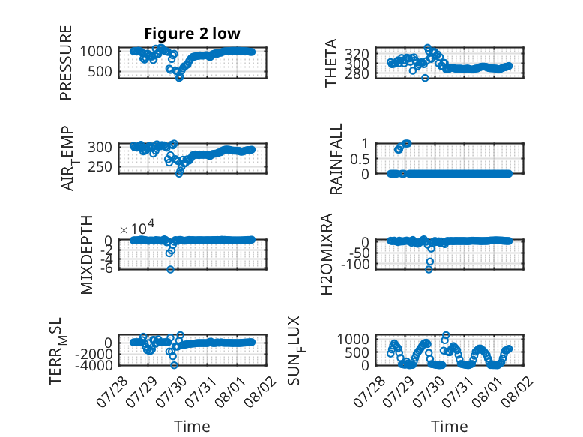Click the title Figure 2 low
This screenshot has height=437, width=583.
click(193, 34)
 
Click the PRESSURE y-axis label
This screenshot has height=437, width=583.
click(65, 63)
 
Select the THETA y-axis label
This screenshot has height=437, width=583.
click(331, 63)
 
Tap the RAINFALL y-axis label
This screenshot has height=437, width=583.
click(336, 159)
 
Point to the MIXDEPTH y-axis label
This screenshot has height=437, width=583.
click(87, 255)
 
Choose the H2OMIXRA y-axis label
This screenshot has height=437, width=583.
click(327, 255)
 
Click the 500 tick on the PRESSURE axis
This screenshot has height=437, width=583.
click(100, 72)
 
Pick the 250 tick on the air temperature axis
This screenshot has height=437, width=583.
click(100, 167)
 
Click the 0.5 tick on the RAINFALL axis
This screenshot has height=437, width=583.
click(360, 159)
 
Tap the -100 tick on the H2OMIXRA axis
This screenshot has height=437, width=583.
click(355, 265)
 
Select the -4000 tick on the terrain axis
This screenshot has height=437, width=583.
click(94, 365)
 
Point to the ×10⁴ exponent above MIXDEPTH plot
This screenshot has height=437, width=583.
click(137, 227)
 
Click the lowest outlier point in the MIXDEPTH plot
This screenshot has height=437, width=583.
click(170, 269)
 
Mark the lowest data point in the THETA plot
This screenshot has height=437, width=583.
click(425, 78)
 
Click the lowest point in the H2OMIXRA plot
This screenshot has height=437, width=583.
click(429, 269)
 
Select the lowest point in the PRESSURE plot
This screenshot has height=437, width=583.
click(179, 78)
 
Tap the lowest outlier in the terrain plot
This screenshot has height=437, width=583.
click(174, 365)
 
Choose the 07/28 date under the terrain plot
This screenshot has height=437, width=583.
click(112, 391)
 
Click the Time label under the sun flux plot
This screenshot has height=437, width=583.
click(449, 427)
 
